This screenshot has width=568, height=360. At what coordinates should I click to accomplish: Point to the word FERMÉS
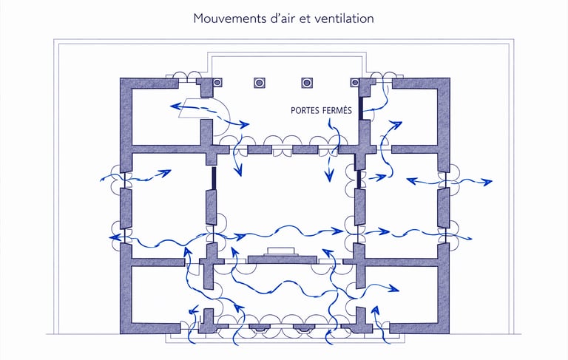tap(345, 110)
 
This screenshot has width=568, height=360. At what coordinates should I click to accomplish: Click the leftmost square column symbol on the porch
tap(218, 83)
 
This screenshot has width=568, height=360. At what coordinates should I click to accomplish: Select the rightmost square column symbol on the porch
tap(355, 83)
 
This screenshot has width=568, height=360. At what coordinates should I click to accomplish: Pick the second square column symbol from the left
tap(259, 83)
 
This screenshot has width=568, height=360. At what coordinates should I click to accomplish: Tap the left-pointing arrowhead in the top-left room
tap(174, 107)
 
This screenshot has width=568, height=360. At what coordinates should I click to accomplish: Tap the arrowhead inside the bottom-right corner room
tap(392, 288)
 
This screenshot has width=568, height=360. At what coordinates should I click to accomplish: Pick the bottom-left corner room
tap(155, 296)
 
